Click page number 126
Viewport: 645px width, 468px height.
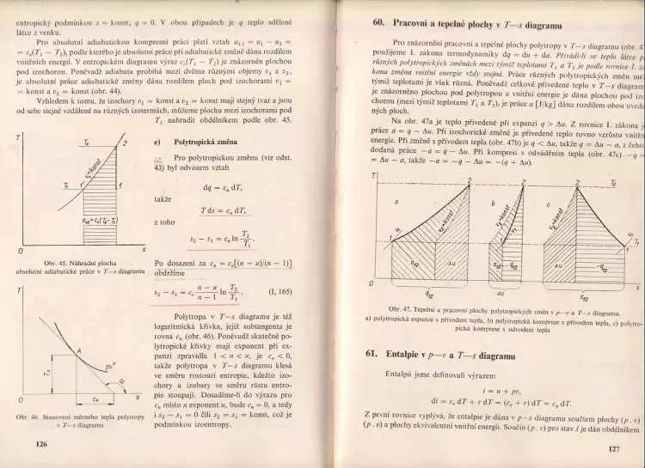pyautogui.click(x=40, y=443)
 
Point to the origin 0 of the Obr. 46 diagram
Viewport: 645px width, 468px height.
pyautogui.click(x=21, y=401)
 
